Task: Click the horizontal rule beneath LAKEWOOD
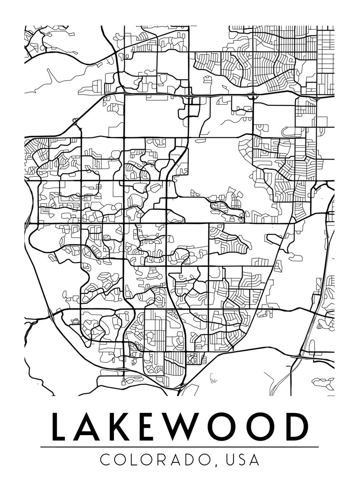[180, 447]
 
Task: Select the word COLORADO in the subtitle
[155, 459]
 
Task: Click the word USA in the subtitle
[243, 459]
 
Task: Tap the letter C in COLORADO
[105, 459]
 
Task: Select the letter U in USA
[231, 459]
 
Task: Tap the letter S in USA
[243, 459]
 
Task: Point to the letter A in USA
[255, 459]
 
